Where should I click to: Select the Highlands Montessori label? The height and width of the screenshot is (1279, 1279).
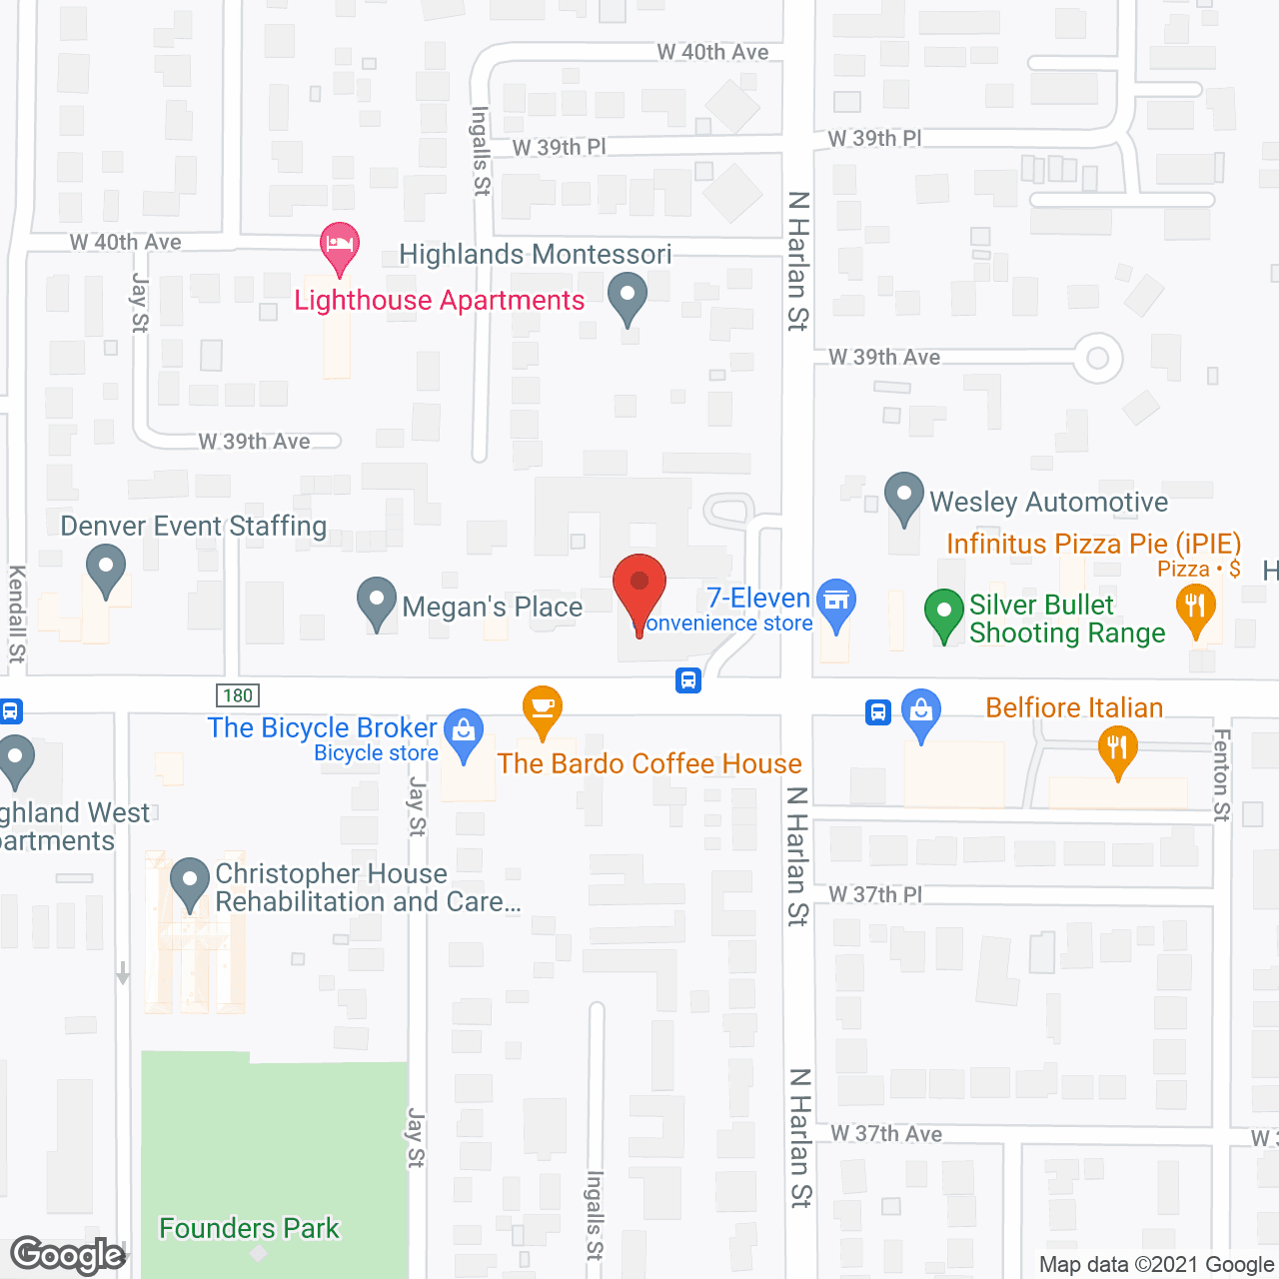tap(535, 255)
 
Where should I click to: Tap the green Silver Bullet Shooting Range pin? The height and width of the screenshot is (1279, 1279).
tap(943, 613)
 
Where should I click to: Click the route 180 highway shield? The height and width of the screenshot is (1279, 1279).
tap(238, 695)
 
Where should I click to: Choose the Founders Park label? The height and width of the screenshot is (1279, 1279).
tap(249, 1228)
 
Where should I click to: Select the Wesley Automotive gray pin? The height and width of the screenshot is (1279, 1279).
tap(904, 497)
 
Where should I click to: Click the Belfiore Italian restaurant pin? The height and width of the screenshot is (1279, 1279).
tap(1117, 750)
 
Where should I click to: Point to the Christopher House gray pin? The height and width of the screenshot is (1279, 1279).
tap(190, 882)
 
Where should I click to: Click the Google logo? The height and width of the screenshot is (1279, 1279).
tap(67, 1255)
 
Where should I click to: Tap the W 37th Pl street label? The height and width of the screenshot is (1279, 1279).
tap(875, 894)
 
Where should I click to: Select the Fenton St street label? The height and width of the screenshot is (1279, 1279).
tap(1220, 774)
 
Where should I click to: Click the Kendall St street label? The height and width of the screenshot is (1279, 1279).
tap(17, 614)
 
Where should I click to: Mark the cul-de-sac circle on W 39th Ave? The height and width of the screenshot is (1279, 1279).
tap(1097, 358)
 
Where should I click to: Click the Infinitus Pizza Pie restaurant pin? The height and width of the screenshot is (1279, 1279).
tap(1195, 609)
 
